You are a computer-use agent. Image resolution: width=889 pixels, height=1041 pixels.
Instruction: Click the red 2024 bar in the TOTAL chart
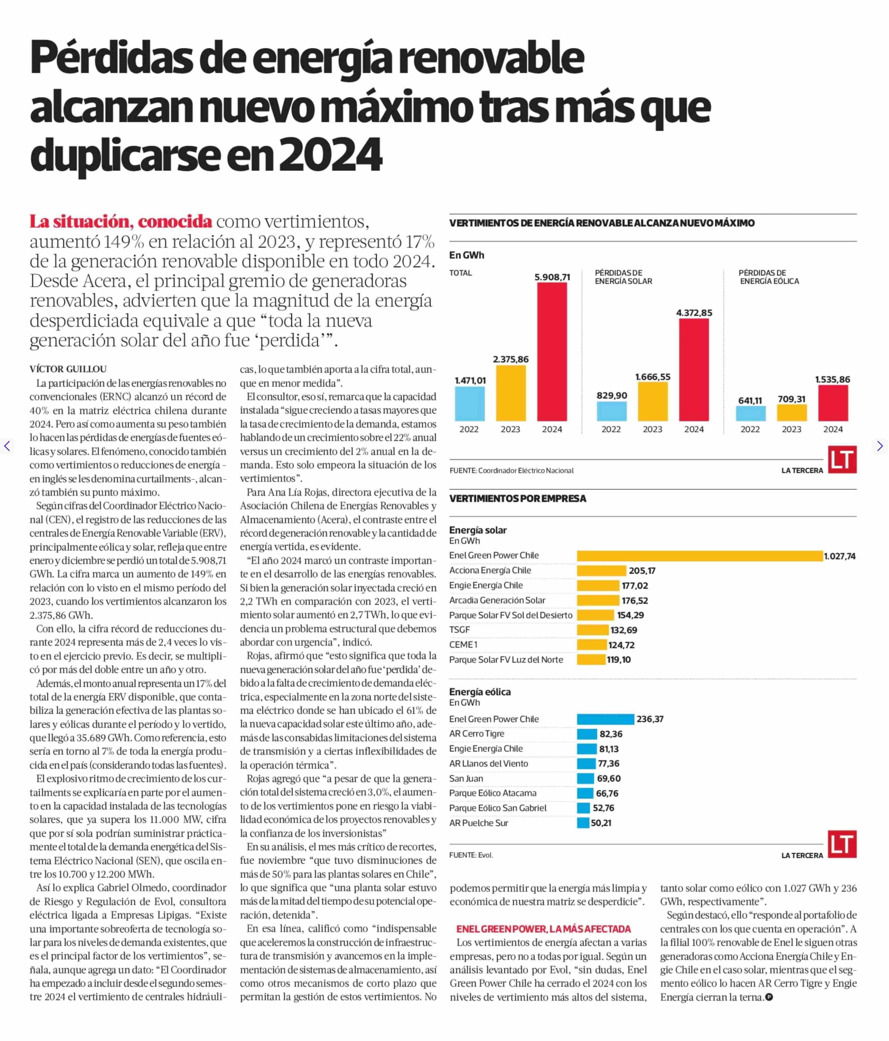point(552,352)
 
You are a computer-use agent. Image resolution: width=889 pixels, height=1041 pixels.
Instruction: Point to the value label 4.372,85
point(694,312)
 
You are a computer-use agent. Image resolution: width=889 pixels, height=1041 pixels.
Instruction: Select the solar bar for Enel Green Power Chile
point(699,556)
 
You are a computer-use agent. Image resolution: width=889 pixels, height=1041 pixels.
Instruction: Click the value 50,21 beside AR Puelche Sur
point(601,823)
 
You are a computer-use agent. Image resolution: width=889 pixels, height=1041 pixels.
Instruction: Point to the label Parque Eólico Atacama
point(492,793)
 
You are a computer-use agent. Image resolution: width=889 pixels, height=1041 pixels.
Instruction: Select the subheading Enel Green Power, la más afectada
point(543,929)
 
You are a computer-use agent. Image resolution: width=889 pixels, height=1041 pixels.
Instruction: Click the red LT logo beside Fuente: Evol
point(842,844)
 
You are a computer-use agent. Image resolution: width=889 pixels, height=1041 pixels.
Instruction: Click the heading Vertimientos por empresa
point(518,498)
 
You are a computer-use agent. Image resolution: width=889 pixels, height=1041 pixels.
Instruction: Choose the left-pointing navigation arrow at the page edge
point(7,446)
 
